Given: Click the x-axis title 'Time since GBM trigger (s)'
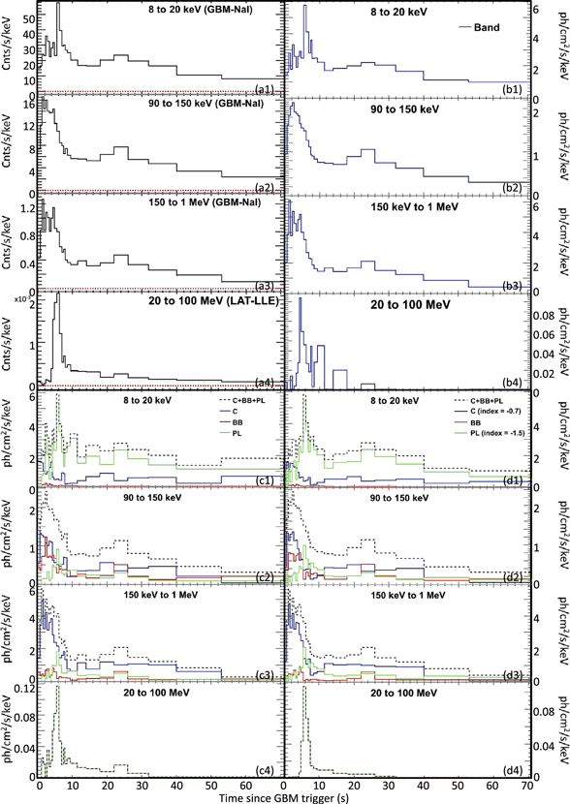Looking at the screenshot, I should click(285, 795).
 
